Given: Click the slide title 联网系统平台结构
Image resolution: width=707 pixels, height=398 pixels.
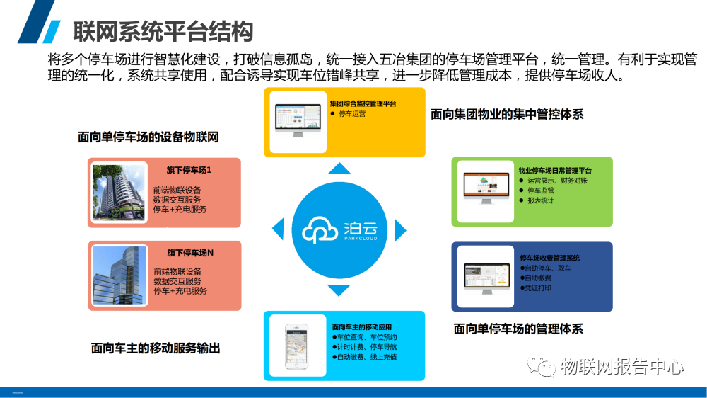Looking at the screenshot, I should pos(163,31).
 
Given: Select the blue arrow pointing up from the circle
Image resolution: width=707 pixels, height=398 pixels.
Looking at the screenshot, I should pos(340,169).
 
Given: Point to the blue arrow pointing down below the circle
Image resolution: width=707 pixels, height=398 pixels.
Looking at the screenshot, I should pos(340,290).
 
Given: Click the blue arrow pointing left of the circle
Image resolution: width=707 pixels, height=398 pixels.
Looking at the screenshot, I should pos(278,229).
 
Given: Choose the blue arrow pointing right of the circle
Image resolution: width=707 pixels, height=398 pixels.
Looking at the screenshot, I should pos(401,229).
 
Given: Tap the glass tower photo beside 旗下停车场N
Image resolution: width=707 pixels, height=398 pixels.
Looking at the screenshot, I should pos(119,275).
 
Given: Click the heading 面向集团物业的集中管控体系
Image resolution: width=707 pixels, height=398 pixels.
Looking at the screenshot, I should pos(507,114).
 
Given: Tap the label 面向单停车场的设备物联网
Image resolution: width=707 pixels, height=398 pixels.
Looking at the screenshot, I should pos(148,137).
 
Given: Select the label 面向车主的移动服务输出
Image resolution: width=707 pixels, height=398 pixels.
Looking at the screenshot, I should pos(156,348).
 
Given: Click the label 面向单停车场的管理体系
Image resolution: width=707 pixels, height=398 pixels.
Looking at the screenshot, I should pos(518,329).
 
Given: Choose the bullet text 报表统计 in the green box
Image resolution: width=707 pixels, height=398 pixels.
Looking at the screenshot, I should pos(541,200).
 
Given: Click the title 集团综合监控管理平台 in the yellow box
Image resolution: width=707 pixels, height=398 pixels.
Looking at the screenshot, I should pos(363,103).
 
